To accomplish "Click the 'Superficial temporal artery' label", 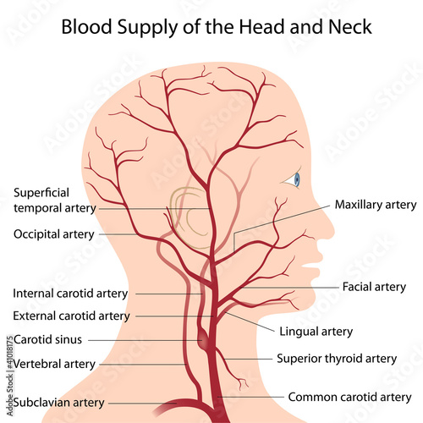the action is (55, 201).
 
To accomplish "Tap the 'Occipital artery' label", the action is (54, 234).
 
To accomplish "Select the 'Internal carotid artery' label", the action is (70, 294).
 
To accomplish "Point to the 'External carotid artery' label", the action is (71, 316).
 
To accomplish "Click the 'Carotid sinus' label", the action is (47, 339).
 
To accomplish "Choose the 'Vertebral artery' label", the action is (54, 364).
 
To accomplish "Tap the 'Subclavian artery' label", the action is (59, 403).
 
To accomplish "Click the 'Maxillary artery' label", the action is (376, 205).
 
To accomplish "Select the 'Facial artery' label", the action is (374, 287).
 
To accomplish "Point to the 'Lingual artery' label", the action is (316, 332).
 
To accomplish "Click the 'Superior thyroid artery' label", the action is (337, 359).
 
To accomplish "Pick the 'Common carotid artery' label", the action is (349, 397).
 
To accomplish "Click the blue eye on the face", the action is (297, 179).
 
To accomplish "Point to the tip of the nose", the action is (333, 232).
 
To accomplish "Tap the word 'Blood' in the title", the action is (87, 27).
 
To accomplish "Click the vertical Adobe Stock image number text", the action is (10, 375).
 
